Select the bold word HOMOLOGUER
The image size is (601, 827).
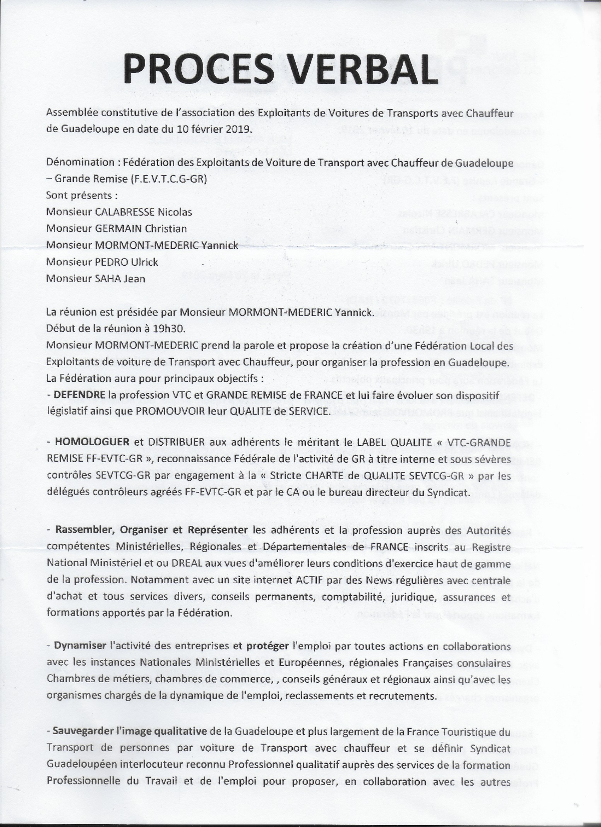tap(92, 443)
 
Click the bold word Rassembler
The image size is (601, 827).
tap(83, 530)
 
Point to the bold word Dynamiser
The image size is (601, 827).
tap(80, 646)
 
